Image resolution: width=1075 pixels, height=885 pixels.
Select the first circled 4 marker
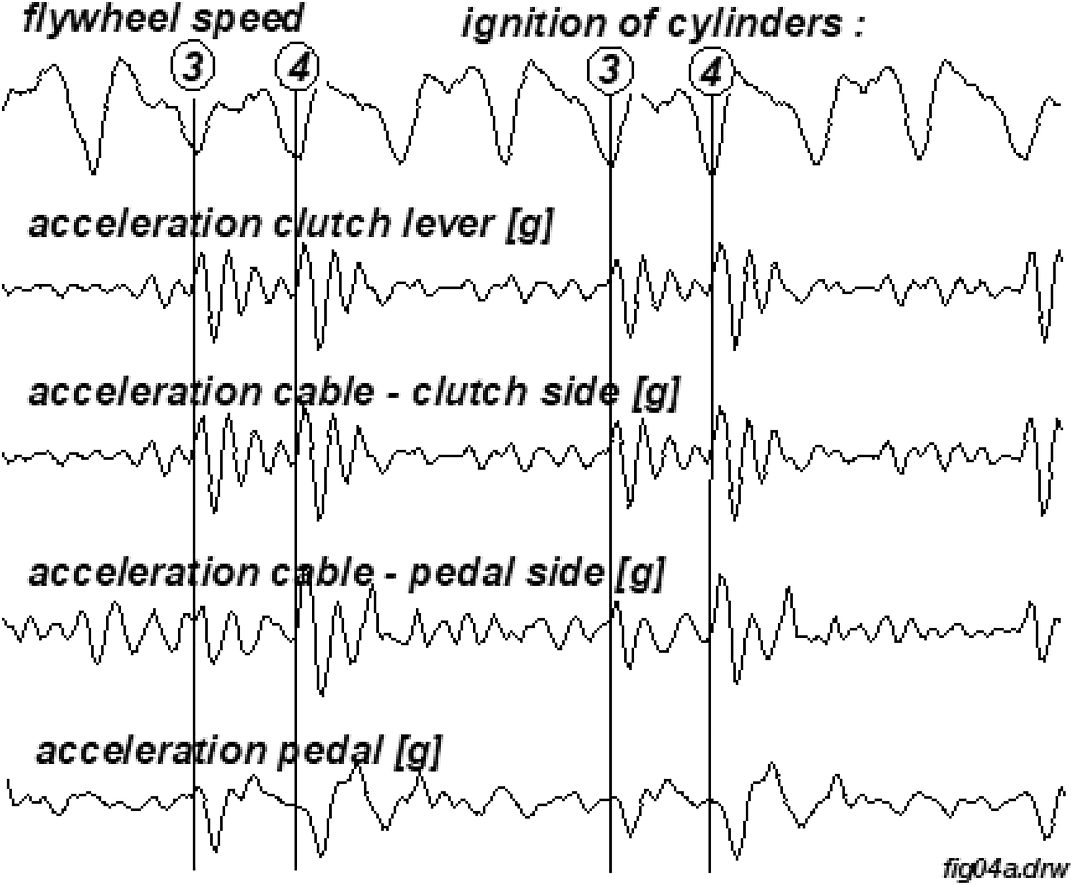tap(297, 67)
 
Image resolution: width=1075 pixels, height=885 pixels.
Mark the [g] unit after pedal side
tap(640, 573)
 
